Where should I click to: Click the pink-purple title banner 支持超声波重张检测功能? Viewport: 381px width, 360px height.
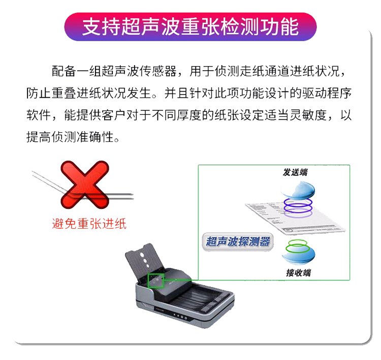[190, 27]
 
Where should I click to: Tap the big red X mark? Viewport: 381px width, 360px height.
[84, 185]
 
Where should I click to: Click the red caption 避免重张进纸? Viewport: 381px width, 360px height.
[89, 224]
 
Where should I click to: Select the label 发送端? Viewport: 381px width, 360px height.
[295, 172]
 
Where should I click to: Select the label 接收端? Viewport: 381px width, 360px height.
[298, 273]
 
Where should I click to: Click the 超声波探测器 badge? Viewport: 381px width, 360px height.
[238, 242]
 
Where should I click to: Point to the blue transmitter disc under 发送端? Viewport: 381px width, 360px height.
[298, 190]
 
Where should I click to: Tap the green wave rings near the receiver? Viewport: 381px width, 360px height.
[298, 246]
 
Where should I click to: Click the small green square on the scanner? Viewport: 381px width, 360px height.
[156, 281]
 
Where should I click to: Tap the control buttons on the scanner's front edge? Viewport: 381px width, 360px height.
[180, 316]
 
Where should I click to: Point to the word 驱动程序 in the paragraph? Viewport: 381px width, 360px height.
[327, 93]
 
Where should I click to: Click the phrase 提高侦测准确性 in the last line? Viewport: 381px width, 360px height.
[70, 137]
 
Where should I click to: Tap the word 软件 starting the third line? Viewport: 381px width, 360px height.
[39, 115]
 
